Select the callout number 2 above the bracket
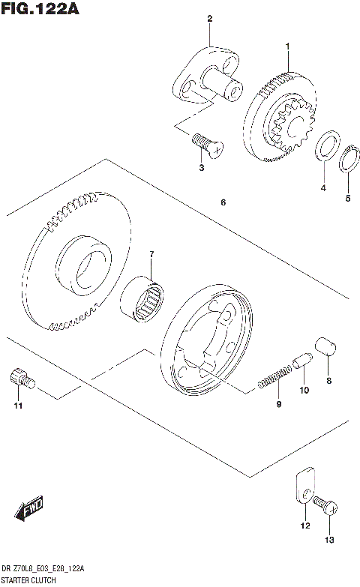click(210, 18)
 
